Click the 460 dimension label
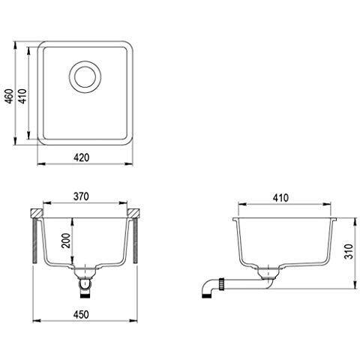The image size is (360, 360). click(x=9, y=96)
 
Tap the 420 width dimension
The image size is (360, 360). click(x=81, y=157)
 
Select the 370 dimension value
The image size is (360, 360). click(x=81, y=196)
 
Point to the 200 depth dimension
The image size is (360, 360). click(x=66, y=240)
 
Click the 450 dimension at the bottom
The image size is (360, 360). click(x=81, y=314)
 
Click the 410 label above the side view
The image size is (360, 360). click(x=280, y=198)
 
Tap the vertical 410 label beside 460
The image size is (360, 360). click(x=22, y=96)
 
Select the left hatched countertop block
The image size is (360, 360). click(x=37, y=213)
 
